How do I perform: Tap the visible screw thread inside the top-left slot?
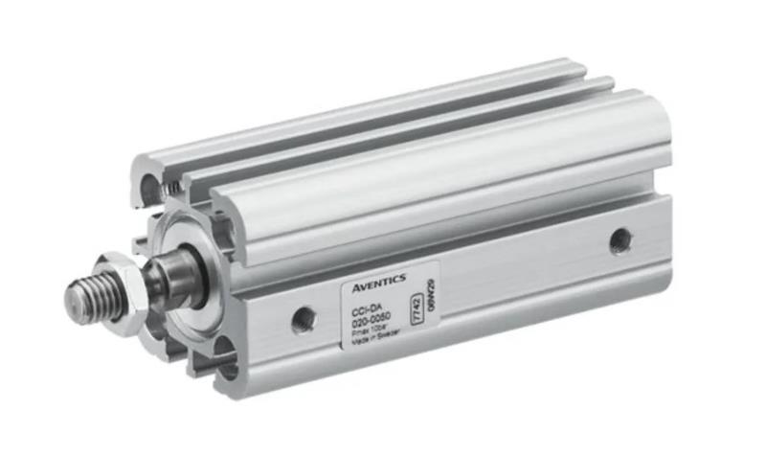tap(169, 191)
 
